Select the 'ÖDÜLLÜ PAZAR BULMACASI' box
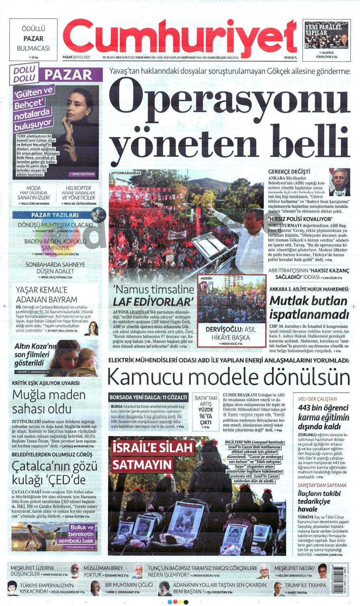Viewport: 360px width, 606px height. pyautogui.click(x=33, y=39)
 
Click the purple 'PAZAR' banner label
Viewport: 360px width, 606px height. pyautogui.click(x=68, y=75)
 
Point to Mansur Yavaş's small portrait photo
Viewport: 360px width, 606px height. pyautogui.click(x=339, y=182)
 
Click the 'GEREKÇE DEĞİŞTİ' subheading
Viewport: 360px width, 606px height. pyautogui.click(x=289, y=172)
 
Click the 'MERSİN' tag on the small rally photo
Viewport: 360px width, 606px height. pyautogui.click(x=206, y=278)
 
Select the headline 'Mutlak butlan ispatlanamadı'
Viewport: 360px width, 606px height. pyautogui.click(x=309, y=308)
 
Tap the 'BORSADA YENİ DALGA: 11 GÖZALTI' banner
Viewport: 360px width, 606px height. pyautogui.click(x=148, y=397)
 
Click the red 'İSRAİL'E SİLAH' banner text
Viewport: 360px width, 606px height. pyautogui.click(x=152, y=447)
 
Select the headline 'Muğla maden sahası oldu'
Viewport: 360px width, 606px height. pyautogui.click(x=49, y=401)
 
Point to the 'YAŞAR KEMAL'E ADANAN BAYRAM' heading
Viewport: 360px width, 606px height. pyautogui.click(x=47, y=294)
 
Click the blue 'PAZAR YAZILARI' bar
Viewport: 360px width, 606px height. pyautogui.click(x=55, y=215)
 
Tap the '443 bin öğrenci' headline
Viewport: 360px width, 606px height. pyautogui.click(x=323, y=407)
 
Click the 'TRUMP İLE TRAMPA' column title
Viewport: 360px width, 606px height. pyautogui.click(x=305, y=585)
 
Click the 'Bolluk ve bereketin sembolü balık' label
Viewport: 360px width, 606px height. pyautogui.click(x=82, y=534)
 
